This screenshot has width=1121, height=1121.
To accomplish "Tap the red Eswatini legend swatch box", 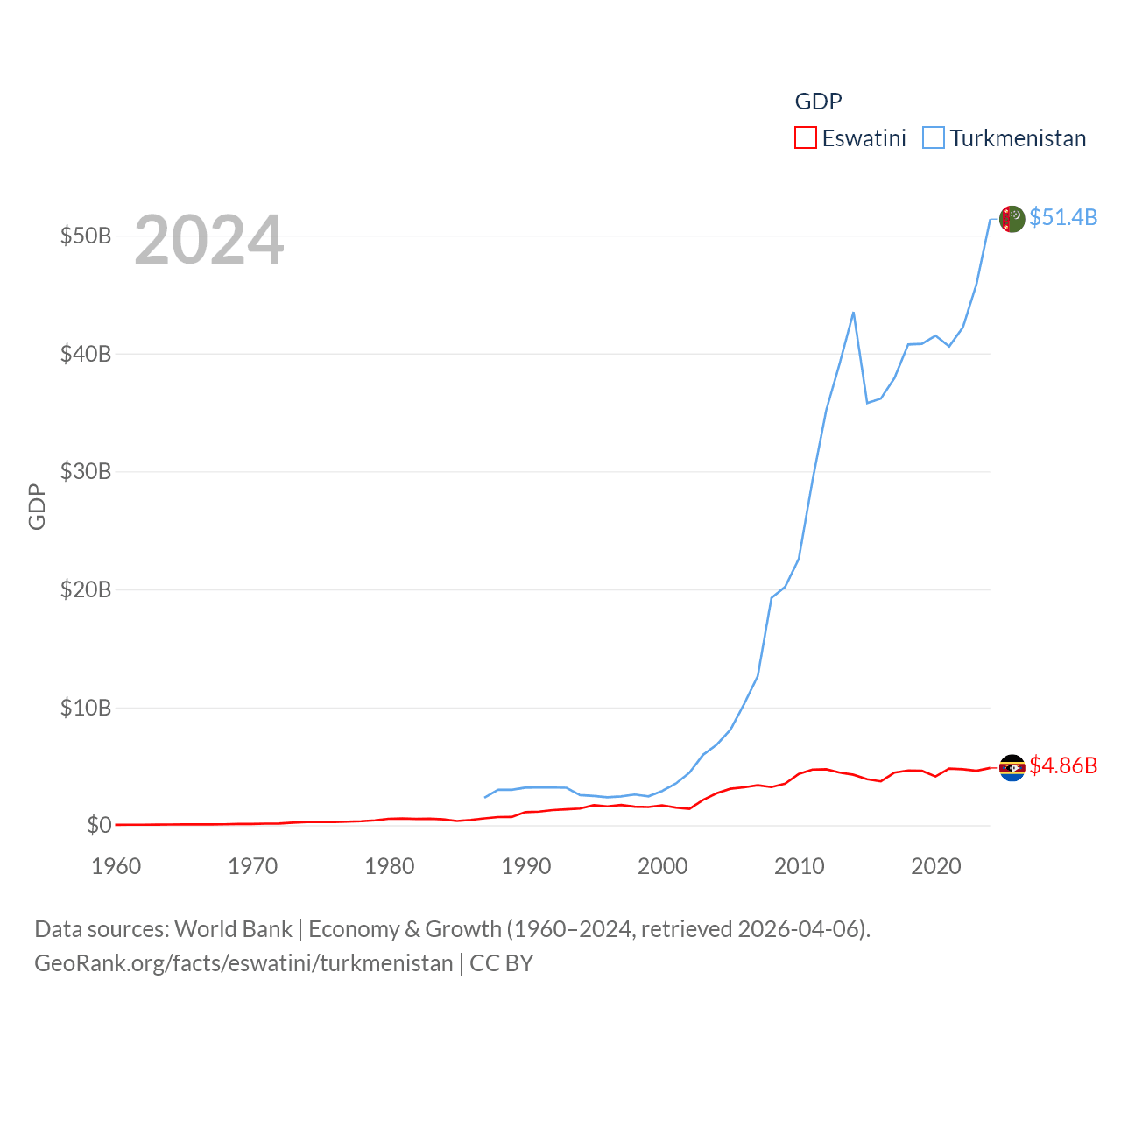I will point(806,137).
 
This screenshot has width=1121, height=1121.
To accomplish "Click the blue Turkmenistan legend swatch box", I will point(934,137).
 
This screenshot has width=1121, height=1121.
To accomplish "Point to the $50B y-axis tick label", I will point(85,236).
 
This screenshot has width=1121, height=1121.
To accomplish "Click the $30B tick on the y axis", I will point(85,472).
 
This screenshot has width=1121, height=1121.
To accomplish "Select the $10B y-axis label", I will point(85,708).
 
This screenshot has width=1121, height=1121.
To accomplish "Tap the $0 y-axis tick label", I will point(99,825).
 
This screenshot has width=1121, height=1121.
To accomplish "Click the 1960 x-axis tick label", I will point(116,866).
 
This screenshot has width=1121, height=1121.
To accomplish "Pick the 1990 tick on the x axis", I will point(526,866).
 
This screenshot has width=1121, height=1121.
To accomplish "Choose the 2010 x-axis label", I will point(800,866).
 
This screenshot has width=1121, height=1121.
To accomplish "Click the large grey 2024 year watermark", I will point(209,240).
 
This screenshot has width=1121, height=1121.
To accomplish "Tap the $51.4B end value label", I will point(1063,217).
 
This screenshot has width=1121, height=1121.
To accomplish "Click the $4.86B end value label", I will point(1063,765).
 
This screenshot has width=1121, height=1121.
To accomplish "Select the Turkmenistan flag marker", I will point(1012,219).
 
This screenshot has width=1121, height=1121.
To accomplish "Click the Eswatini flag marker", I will point(1012,768).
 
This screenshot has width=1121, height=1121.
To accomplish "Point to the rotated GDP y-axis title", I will point(37,506).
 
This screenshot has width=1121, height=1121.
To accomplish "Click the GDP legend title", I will point(818,102).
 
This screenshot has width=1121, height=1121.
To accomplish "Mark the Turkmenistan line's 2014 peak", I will point(853,313).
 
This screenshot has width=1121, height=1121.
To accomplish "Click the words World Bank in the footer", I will point(233,929).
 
